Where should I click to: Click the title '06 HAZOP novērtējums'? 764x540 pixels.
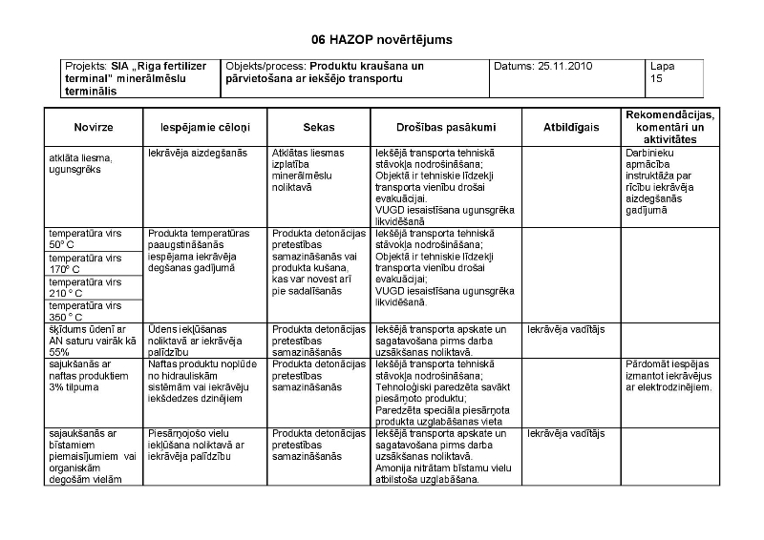click(x=381, y=40)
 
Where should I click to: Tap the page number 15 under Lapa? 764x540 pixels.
click(x=655, y=78)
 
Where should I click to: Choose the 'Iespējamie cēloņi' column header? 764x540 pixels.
click(x=203, y=127)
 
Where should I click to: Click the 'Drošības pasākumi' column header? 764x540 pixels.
click(x=445, y=127)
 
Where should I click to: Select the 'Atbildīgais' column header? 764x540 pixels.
click(x=570, y=127)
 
